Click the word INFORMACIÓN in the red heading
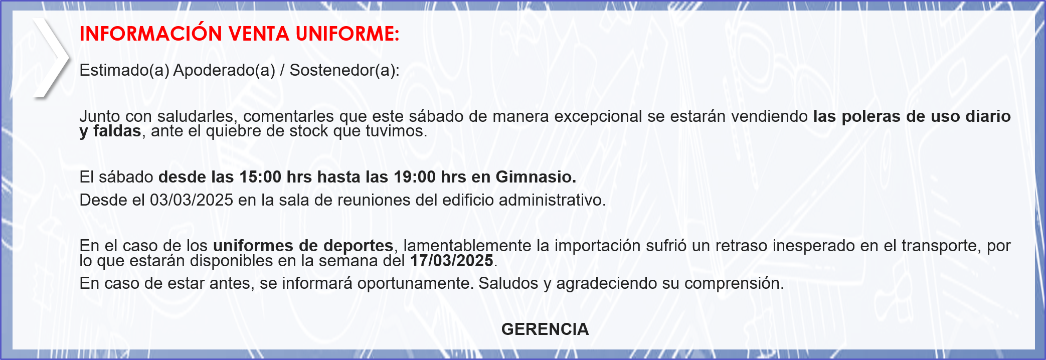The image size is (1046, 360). coord(150,33)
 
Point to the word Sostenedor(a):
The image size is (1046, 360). coord(344,70)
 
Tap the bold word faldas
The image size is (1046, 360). coord(117,131)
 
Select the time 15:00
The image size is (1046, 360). coord(260,177)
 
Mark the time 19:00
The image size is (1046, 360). coord(415,177)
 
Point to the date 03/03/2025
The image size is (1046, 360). coord(192,200)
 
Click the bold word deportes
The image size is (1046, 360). coord(358,246)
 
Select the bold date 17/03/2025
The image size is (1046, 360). coord(452,261)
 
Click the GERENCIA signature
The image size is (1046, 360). coord(545,329)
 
